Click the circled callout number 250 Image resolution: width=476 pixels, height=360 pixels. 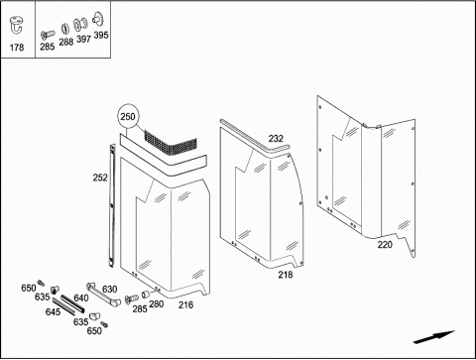coord(128,116)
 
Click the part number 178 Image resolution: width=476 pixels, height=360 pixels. coord(17,48)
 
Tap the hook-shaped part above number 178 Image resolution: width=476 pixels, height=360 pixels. coord(17,25)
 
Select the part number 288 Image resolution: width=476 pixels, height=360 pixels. coord(66,42)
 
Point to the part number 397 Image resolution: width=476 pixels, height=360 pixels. coord(83,39)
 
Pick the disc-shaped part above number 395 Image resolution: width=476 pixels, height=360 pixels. coord(98,19)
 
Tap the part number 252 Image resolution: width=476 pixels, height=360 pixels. coord(100,178)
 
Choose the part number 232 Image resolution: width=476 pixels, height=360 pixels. coord(276,139)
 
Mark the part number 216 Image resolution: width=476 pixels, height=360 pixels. coord(185,304)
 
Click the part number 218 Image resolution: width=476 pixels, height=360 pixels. coord(286,275)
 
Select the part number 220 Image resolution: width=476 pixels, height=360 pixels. coord(385,245)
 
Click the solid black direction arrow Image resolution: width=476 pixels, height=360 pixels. coord(434,337)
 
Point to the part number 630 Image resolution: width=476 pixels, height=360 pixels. coord(109,289)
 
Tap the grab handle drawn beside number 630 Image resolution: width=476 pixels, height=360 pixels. coord(101,295)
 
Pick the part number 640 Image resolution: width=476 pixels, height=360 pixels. coord(81,298)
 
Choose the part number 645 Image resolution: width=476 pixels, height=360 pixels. coord(53,311)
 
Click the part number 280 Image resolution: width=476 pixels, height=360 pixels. coord(157,303)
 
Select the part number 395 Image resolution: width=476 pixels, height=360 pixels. coord(101,35)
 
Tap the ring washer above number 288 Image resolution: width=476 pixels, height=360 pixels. coord(65,29)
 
